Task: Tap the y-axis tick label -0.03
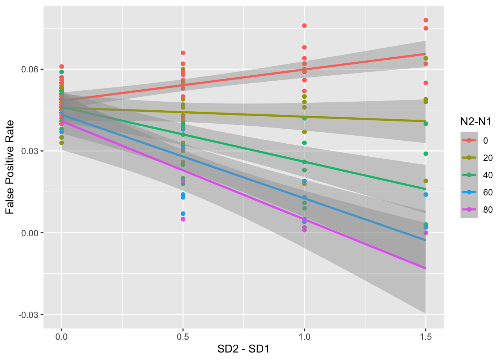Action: [x=30, y=315]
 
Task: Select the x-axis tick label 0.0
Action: [x=61, y=337]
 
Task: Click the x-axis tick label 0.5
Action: [x=183, y=337]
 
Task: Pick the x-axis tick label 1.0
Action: [x=304, y=337]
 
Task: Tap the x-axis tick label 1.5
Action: [x=426, y=337]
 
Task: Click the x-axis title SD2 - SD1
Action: [x=243, y=349]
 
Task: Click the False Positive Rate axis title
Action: [x=10, y=167]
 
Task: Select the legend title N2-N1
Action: [x=476, y=121]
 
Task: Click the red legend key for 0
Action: [x=469, y=141]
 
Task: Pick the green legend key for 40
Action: [x=469, y=175]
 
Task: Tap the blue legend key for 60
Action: [x=469, y=192]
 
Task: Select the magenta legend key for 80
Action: [x=469, y=210]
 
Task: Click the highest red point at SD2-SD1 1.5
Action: [x=426, y=20]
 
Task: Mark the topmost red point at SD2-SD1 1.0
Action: [x=304, y=25]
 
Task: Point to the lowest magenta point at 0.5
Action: [x=183, y=219]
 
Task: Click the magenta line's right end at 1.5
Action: [x=426, y=268]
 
